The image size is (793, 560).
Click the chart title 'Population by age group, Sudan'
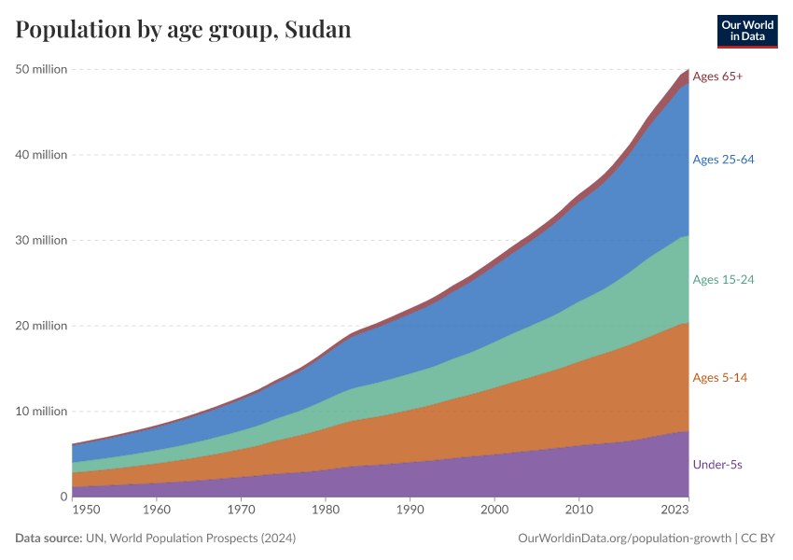click(183, 30)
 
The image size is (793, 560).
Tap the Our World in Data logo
click(747, 31)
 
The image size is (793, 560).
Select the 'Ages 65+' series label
click(717, 77)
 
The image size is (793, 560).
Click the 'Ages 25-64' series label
click(723, 160)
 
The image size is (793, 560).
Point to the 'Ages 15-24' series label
click(723, 279)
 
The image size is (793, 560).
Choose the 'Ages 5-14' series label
click(719, 378)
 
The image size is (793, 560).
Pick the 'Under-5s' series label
click(717, 464)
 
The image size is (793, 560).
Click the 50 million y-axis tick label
click(41, 69)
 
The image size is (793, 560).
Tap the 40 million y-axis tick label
click(41, 155)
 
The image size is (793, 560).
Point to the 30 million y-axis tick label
click(41, 240)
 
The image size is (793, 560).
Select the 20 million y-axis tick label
click(41, 326)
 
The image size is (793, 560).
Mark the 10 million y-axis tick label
click(41, 412)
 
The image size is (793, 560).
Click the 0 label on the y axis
click(63, 497)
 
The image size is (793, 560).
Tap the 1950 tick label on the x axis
click(86, 511)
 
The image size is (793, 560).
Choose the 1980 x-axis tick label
click(325, 511)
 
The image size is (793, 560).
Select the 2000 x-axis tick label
click(494, 511)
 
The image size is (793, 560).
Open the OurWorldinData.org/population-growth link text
click(623, 539)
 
